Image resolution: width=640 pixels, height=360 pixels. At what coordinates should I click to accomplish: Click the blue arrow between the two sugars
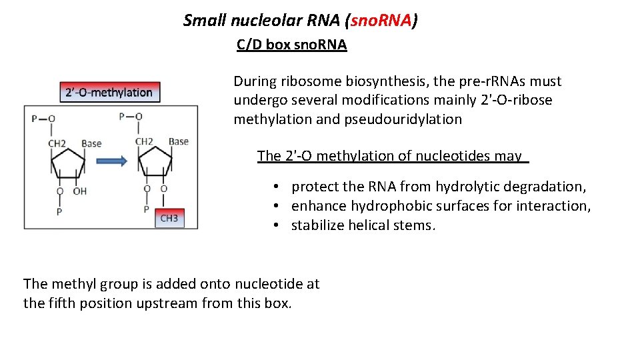pos(111,161)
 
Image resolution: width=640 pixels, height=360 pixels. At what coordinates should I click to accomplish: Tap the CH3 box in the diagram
pos(169,218)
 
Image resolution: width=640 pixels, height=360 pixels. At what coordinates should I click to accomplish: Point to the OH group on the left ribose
pos(79,191)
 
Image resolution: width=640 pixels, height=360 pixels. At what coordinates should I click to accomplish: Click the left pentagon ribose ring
pos(67,162)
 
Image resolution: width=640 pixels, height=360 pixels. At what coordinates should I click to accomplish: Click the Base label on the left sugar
pos(91,143)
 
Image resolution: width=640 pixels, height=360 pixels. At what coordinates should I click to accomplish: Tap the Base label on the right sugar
pos(179,141)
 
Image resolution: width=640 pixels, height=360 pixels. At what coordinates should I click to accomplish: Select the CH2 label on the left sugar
pos(57,143)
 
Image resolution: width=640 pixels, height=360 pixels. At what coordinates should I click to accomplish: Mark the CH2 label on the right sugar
pos(145,141)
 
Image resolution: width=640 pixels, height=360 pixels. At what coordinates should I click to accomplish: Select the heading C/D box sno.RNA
pos(292,45)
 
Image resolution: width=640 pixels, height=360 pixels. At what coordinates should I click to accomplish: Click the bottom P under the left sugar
pos(59,211)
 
